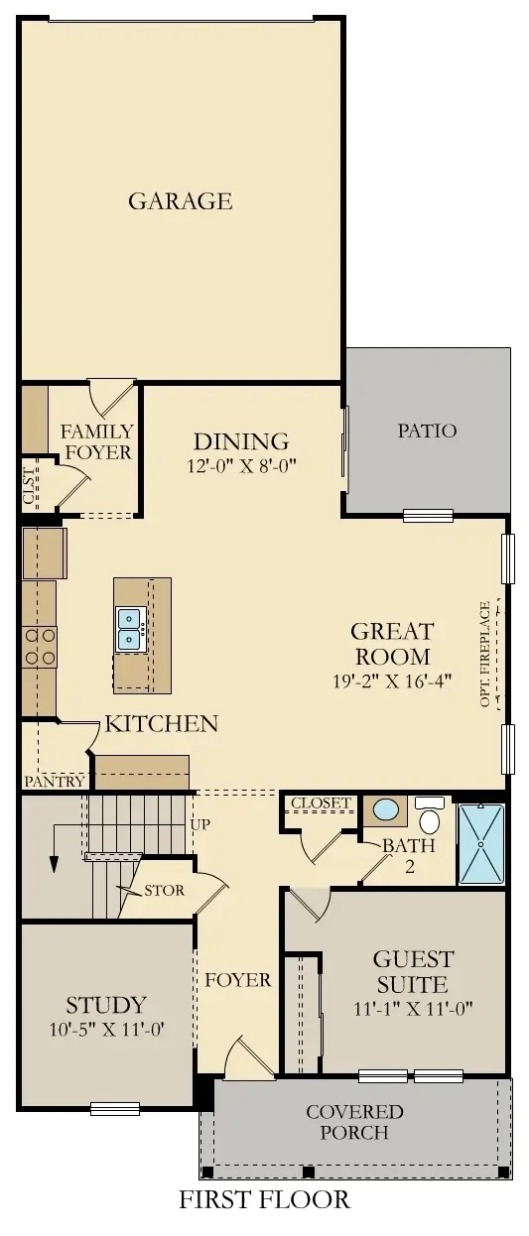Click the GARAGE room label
coord(180,201)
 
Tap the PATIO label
coord(427,431)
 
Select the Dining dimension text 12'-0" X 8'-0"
coord(240,464)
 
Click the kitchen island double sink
coord(131,627)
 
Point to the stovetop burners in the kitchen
coord(39,646)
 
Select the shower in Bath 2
coord(481,844)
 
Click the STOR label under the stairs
coord(164,890)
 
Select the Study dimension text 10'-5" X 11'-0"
coord(106,1030)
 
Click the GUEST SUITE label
coord(413,972)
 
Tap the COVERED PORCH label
coord(354,1122)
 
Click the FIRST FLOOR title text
coord(264,1199)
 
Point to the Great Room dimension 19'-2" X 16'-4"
coord(391,681)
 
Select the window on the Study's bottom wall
coord(115,1108)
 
